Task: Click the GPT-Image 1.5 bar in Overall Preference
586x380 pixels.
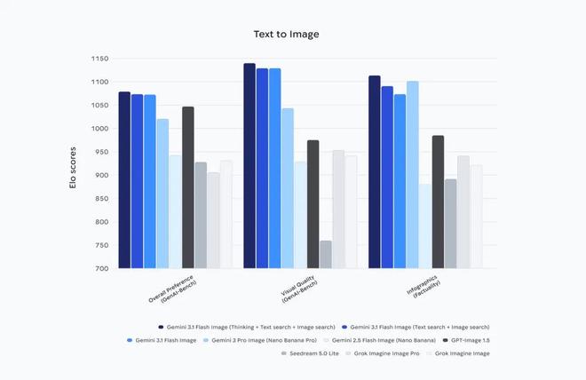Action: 188,186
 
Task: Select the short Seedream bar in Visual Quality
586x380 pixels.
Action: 326,254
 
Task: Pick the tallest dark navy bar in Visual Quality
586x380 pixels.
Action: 249,165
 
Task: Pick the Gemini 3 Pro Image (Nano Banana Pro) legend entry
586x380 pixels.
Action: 264,340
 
